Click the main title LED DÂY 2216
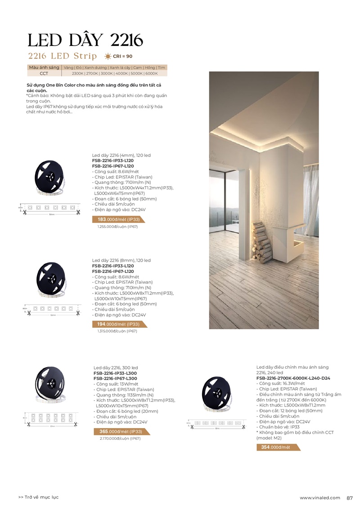85,40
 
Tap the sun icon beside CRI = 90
108,56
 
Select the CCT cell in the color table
44,73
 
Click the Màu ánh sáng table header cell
44,67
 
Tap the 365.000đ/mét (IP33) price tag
121,432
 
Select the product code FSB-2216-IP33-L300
115,373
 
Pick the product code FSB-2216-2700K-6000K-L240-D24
293,378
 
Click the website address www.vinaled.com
320,497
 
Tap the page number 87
350,497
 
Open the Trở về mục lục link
39,497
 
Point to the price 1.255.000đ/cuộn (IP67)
117,227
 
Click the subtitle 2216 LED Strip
62,56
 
